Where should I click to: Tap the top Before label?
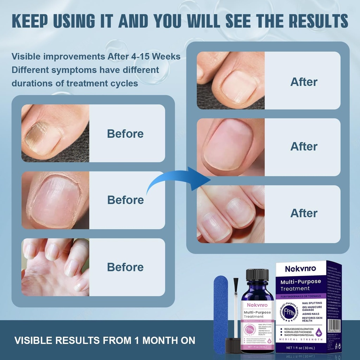(x=125, y=134)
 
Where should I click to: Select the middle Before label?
(x=125, y=200)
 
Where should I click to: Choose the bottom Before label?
(x=125, y=267)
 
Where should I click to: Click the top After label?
(x=304, y=82)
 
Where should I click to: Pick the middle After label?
(x=304, y=146)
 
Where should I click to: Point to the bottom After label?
(x=304, y=213)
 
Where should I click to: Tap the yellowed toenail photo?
(x=55, y=133)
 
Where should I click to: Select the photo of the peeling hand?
(x=55, y=267)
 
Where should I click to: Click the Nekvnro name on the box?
(x=300, y=269)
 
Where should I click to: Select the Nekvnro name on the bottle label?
(x=257, y=305)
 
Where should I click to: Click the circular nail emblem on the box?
(x=288, y=311)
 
